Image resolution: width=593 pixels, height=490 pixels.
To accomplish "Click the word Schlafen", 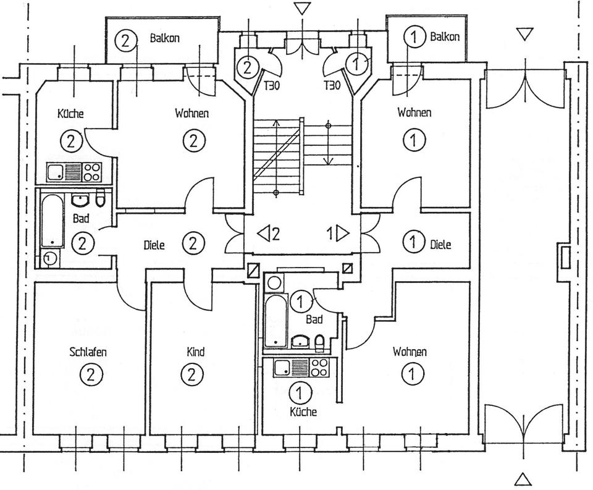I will tap(88, 352).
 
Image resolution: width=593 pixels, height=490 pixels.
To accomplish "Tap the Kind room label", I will tap(195, 352).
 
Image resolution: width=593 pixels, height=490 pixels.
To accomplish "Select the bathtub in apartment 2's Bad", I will tap(52, 221).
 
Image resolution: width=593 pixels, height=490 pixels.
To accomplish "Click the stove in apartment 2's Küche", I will tap(92, 171).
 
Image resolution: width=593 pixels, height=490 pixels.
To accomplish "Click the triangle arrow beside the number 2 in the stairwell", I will tap(263, 234).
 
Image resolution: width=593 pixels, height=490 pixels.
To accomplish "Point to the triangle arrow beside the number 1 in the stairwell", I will tap(342, 234).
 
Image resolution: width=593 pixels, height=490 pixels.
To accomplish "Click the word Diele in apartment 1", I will tap(440, 245).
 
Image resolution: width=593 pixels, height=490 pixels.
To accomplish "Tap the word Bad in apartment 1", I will tap(314, 319).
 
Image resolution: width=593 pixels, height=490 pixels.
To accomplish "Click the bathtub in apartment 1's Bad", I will tap(273, 321).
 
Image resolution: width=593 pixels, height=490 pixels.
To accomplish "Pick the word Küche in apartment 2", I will tap(70, 114).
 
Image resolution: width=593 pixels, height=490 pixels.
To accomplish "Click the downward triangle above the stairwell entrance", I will tap(301, 8).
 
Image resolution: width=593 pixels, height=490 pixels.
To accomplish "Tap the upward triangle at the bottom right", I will tap(523, 478).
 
